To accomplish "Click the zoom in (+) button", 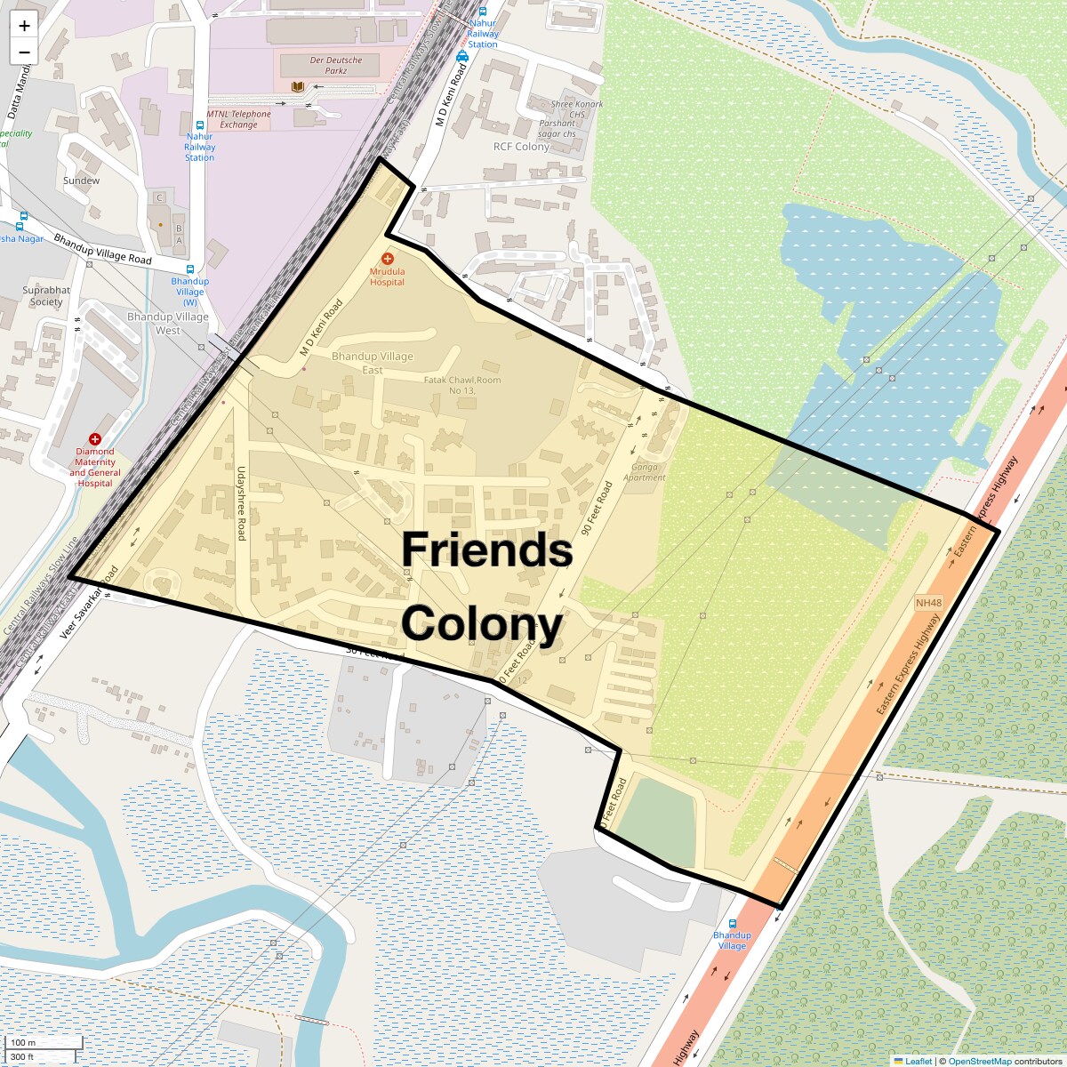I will pyautogui.click(x=24, y=26).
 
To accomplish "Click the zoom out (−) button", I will pyautogui.click(x=24, y=52).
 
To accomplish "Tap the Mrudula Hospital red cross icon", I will pyautogui.click(x=388, y=259).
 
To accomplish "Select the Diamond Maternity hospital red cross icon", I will pyautogui.click(x=95, y=439).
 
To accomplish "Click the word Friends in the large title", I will pyautogui.click(x=486, y=550).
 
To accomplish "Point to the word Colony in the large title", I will pyautogui.click(x=482, y=623).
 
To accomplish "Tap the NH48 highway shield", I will pyautogui.click(x=928, y=603).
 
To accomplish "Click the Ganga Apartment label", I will pyautogui.click(x=645, y=472).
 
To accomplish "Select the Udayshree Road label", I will pyautogui.click(x=241, y=503).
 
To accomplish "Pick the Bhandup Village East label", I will pyautogui.click(x=373, y=363).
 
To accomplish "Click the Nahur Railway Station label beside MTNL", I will pyautogui.click(x=199, y=147).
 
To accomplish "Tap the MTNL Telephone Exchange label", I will pyautogui.click(x=239, y=119).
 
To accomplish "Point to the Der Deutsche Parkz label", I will pyautogui.click(x=336, y=65).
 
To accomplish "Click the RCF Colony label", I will pyautogui.click(x=521, y=147).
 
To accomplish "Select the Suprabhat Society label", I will pyautogui.click(x=46, y=295).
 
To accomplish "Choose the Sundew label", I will pyautogui.click(x=82, y=181).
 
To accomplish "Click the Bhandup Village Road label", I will pyautogui.click(x=102, y=249).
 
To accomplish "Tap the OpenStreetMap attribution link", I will pyautogui.click(x=979, y=1061).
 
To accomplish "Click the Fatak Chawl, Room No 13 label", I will pyautogui.click(x=462, y=385).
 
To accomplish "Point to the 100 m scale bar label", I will pyautogui.click(x=24, y=1043).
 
